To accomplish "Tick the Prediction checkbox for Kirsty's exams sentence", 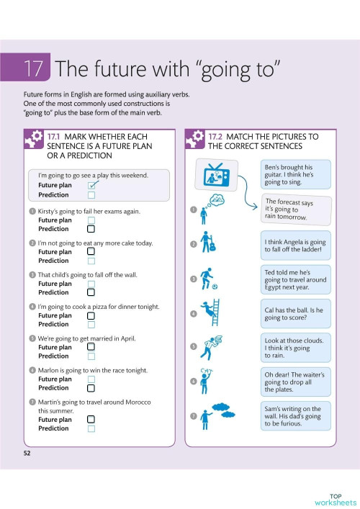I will point(91,229).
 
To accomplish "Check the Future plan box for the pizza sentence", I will point(91,315).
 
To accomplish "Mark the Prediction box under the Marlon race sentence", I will point(91,387).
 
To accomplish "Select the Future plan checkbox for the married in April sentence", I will point(91,347).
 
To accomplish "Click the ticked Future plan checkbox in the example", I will point(91,185).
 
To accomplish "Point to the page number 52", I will point(27,453).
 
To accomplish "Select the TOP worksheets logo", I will point(335,498).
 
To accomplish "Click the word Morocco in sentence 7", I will point(145,402).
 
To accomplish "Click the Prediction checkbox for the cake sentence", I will point(91,261).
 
